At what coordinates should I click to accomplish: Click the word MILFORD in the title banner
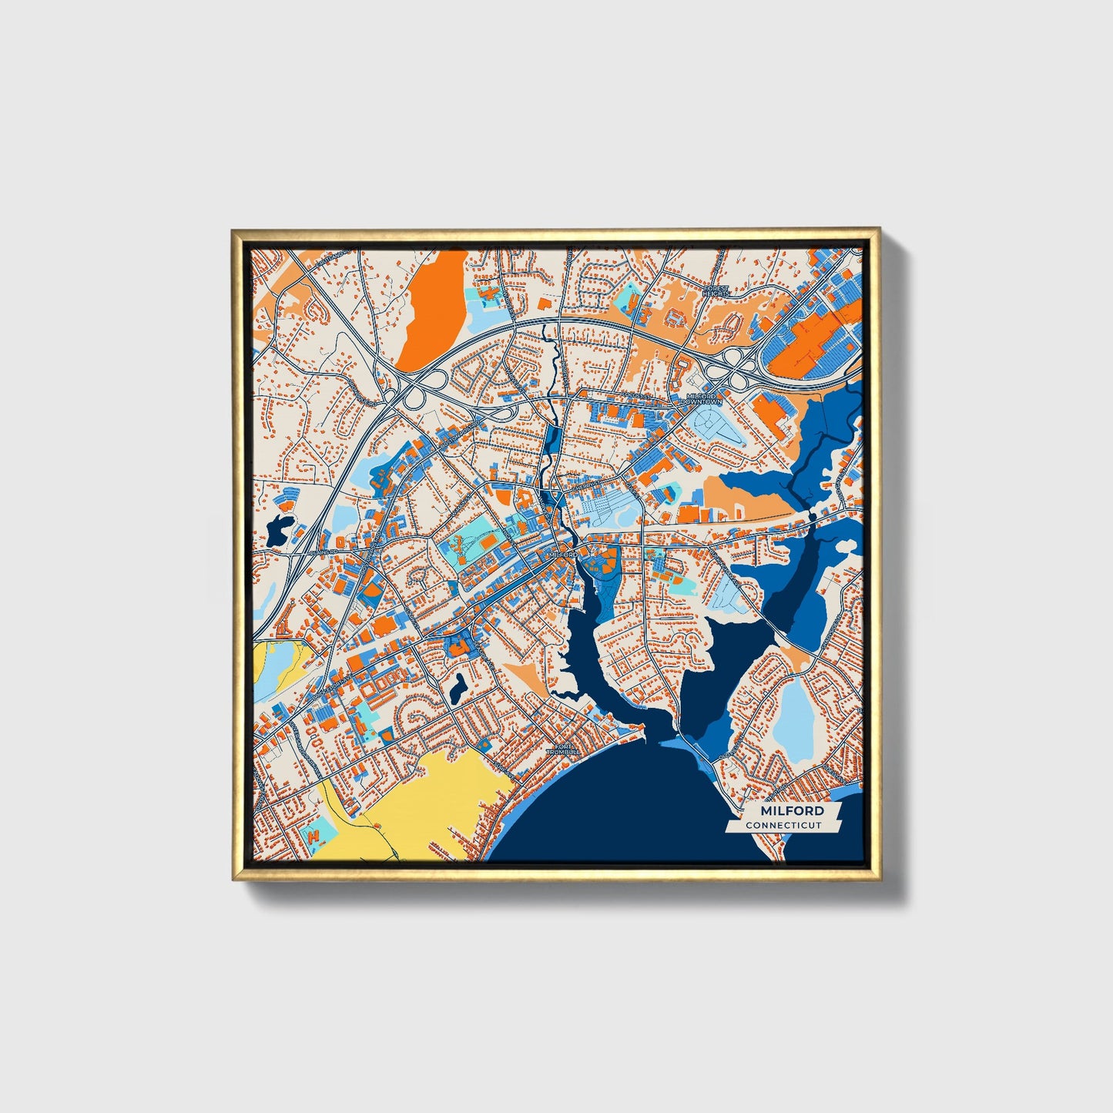(x=792, y=811)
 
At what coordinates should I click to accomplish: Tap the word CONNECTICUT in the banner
(x=783, y=826)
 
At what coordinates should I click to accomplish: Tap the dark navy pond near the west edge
(x=278, y=528)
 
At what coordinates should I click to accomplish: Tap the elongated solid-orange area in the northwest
(x=433, y=297)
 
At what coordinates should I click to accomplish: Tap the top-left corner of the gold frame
(x=233, y=230)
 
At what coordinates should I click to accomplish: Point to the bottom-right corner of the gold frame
(x=880, y=880)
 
